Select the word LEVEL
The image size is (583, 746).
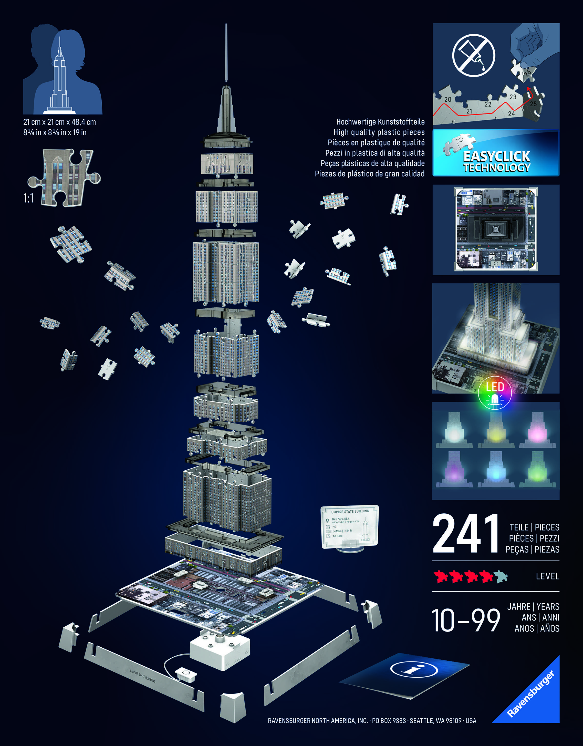547,576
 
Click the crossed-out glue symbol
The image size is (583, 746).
473,55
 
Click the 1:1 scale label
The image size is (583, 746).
28,198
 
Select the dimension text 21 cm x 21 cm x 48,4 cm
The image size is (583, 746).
59,122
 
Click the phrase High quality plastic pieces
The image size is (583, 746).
379,132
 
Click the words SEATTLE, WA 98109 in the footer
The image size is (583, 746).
435,720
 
